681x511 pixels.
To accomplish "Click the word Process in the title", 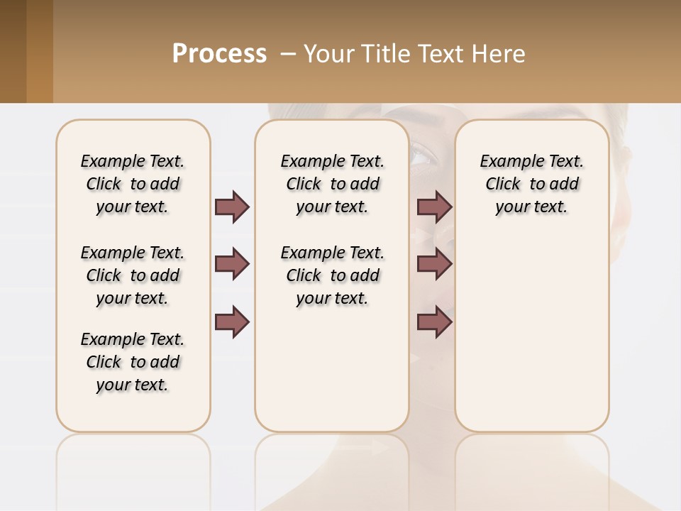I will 219,54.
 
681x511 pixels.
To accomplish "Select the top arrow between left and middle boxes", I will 232,207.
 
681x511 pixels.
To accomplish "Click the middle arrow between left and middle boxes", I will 232,264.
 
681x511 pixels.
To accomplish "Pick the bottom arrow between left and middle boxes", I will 232,322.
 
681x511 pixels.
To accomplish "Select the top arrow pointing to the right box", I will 434,207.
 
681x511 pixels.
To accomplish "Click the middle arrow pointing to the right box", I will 434,264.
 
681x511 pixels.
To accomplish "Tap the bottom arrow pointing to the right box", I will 434,322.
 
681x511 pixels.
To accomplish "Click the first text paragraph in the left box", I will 133,184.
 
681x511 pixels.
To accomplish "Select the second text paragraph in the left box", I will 133,275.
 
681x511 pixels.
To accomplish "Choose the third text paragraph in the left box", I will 133,362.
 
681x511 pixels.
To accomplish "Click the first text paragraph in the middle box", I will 332,184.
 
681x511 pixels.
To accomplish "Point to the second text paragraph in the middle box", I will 332,275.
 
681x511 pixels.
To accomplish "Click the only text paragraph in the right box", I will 531,184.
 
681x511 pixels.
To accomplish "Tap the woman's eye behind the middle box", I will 421,155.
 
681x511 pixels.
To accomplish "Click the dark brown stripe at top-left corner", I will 13,51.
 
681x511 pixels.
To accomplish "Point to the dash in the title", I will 289,55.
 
